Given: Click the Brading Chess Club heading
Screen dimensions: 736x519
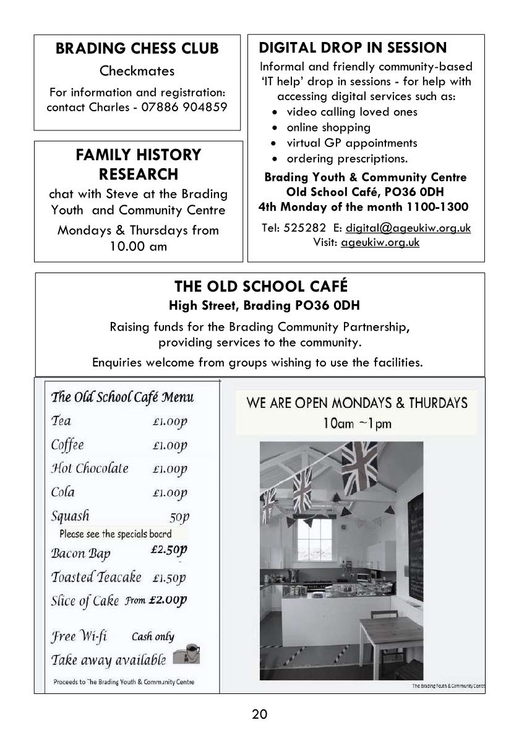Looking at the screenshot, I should coord(137,49).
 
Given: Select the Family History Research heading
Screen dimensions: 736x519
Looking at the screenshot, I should coord(138,164).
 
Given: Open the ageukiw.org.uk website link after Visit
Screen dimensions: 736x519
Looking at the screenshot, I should coord(380,242).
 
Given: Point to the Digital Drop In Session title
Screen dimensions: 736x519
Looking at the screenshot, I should coord(353,48).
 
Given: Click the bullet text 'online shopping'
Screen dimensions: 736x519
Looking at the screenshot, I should coord(328,127).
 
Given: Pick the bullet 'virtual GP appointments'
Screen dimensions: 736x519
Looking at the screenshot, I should coord(351,143).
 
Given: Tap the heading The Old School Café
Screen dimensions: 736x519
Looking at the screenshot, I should coord(260,287).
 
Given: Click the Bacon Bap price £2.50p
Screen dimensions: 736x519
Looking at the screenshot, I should coord(168,549).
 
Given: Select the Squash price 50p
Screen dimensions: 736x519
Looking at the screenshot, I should coord(179,516).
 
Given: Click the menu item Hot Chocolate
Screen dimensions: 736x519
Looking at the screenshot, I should coord(90,468).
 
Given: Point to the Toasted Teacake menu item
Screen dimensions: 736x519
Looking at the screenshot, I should coord(96,577).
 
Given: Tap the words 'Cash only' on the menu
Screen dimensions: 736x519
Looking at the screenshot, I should coord(153,637).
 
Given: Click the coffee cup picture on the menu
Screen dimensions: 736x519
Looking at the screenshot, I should coord(187,654).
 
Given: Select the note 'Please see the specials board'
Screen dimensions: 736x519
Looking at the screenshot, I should coord(116,533).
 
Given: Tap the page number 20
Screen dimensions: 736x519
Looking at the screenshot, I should coord(260,714).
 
